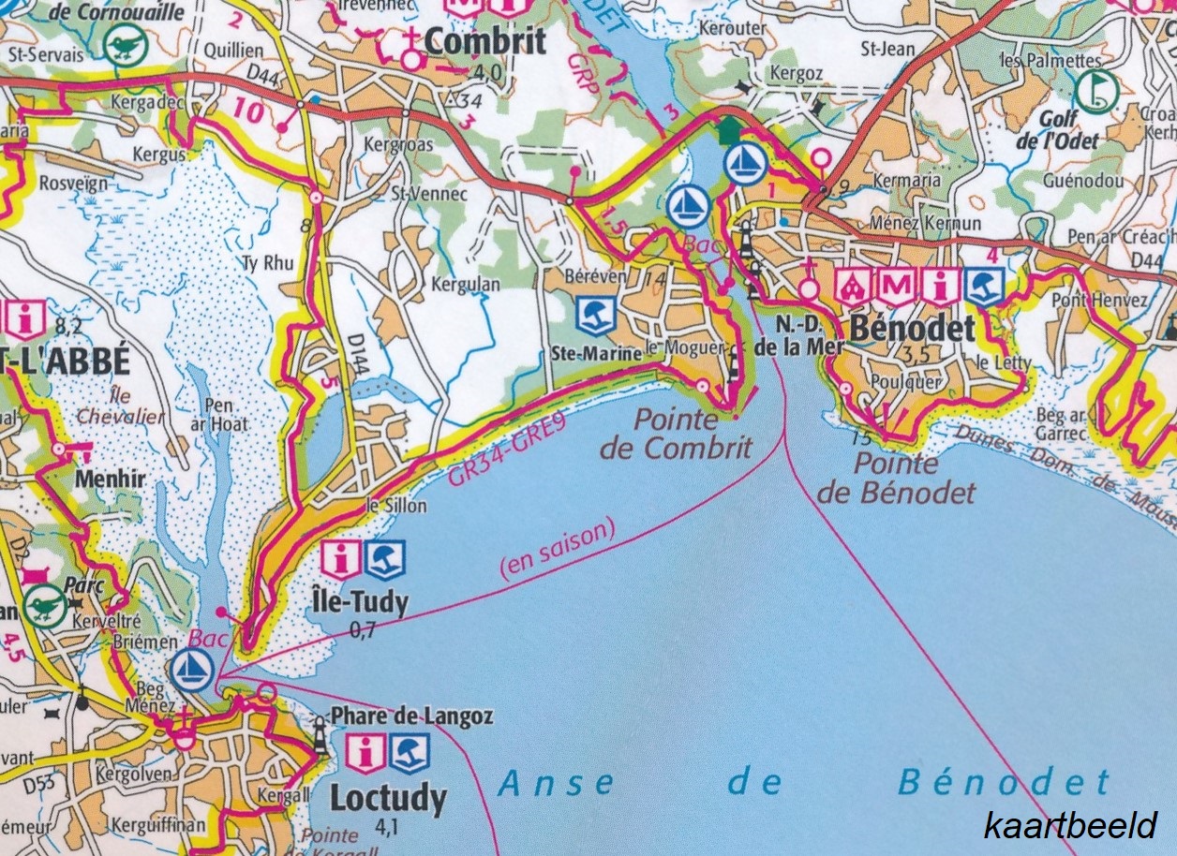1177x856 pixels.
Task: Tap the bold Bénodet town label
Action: [912, 329]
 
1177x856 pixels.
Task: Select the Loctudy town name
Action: [388, 798]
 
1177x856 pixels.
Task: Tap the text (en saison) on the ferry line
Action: [559, 550]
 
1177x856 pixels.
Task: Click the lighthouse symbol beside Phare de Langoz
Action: [320, 737]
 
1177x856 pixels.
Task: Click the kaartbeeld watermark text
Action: [1070, 826]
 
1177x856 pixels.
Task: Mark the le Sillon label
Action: [396, 506]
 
